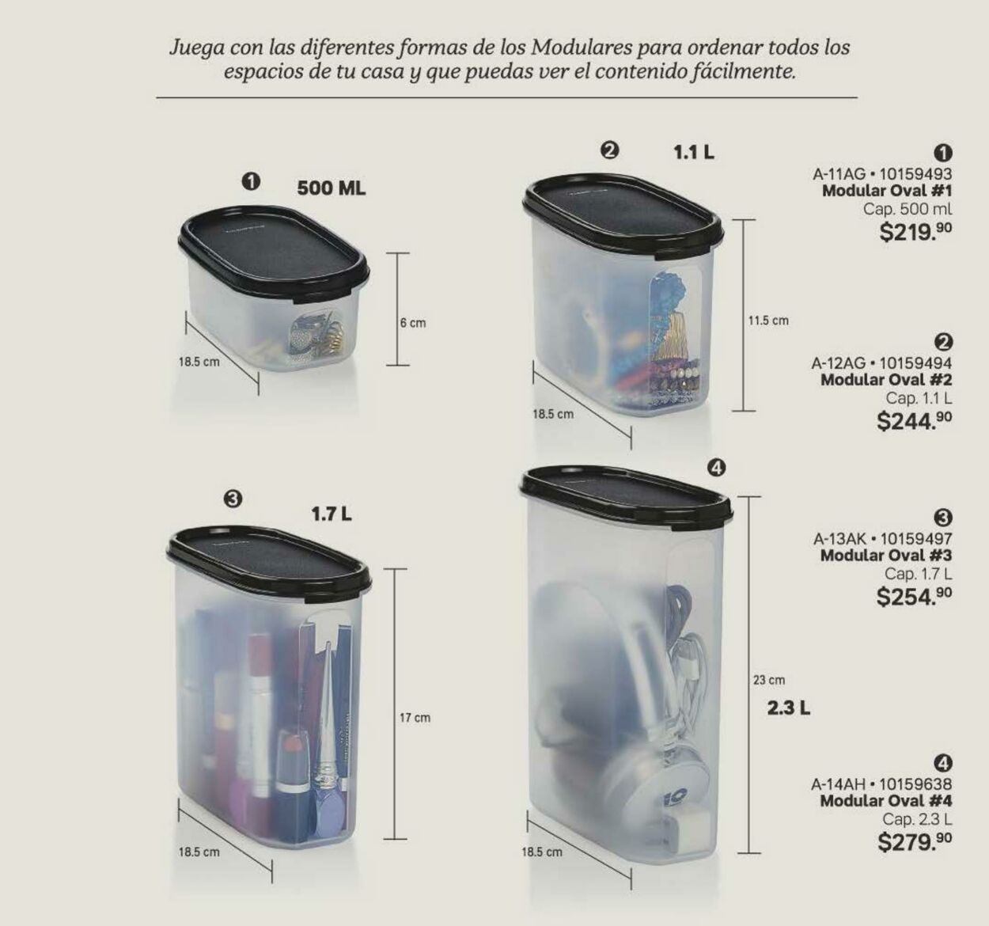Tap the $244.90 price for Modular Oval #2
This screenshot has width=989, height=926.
point(914,421)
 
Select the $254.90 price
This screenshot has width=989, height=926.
point(914,596)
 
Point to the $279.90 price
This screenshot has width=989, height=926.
point(915,841)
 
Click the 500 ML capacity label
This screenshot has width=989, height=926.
point(332,189)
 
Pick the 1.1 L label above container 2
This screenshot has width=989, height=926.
point(694,153)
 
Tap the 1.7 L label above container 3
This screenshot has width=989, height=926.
point(332,514)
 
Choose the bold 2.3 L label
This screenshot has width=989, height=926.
point(788,708)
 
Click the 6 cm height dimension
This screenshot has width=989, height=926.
point(412,323)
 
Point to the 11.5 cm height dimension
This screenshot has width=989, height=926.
point(768,321)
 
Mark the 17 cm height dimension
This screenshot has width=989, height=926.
point(415,718)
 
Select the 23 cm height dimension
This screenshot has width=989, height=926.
point(769,680)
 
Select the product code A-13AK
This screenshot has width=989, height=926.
point(842,539)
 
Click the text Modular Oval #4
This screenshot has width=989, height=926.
point(885,801)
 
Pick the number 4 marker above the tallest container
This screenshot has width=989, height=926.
point(715,469)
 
